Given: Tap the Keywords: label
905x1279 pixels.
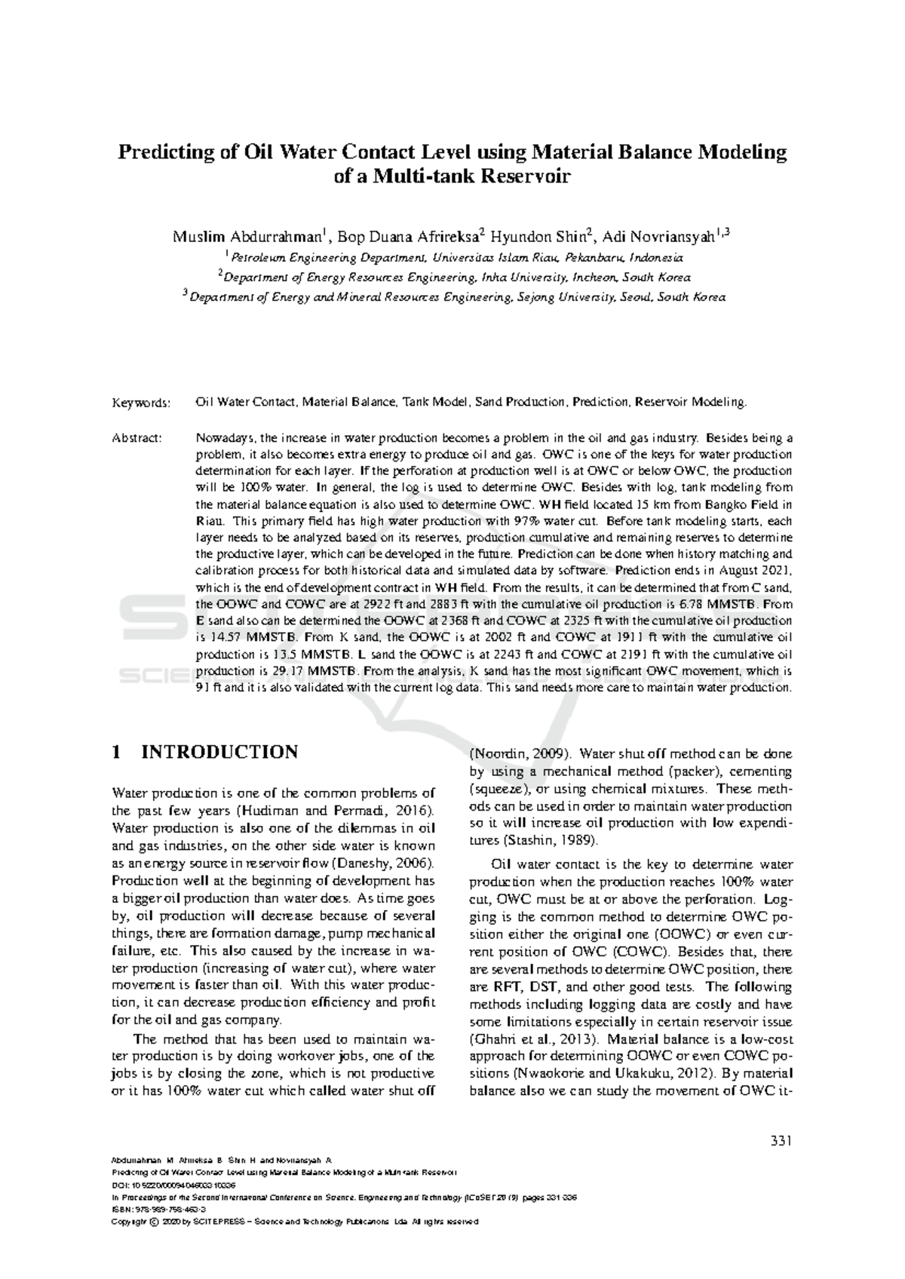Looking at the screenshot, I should click(x=142, y=403).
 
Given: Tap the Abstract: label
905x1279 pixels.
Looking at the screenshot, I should click(x=137, y=438).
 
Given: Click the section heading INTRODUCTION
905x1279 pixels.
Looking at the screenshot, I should click(x=219, y=753).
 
